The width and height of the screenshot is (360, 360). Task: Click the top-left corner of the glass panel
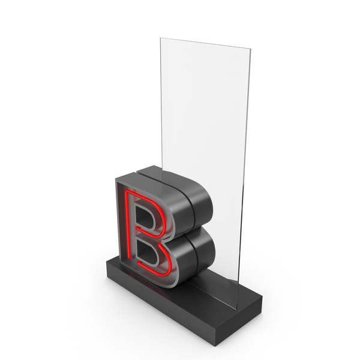click(x=160, y=38)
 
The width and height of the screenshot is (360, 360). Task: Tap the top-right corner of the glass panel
click(x=250, y=49)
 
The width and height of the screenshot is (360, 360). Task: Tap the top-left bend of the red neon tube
click(x=127, y=192)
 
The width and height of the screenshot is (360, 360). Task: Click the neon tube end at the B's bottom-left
click(x=130, y=259)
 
